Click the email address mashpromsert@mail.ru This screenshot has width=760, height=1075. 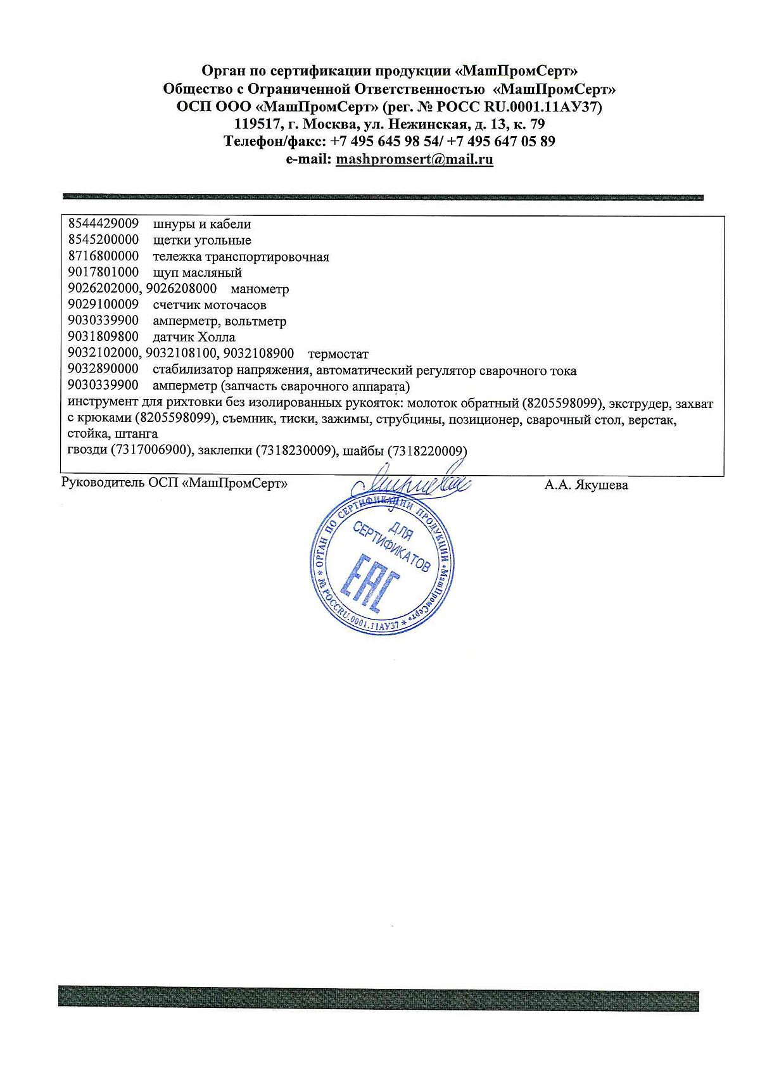[x=414, y=160]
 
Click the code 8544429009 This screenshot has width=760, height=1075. [x=103, y=224]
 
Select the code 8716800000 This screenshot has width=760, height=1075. [x=103, y=257]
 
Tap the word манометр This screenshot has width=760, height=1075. [x=260, y=289]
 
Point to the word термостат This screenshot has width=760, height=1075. [x=338, y=354]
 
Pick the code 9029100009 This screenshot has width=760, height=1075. [x=103, y=305]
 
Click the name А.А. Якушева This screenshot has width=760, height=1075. [x=586, y=486]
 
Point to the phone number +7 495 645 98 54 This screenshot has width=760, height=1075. [x=386, y=141]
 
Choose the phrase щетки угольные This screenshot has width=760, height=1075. [x=202, y=241]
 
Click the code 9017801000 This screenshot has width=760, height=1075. [x=103, y=273]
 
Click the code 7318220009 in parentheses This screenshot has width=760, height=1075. [x=430, y=451]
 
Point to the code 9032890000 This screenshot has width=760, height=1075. [x=103, y=371]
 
